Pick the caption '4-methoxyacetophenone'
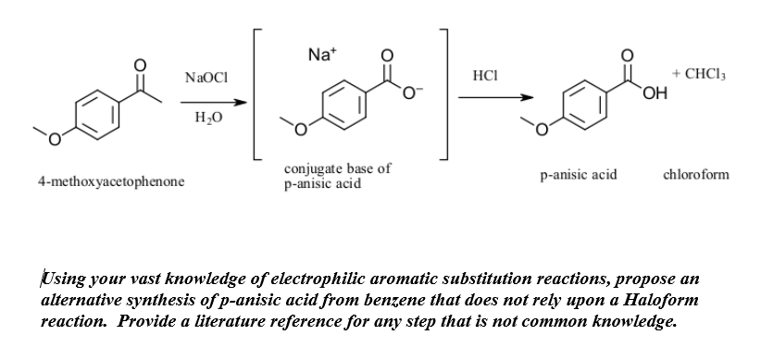pos(110,181)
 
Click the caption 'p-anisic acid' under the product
pos(579,174)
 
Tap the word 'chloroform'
pos(696,174)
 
